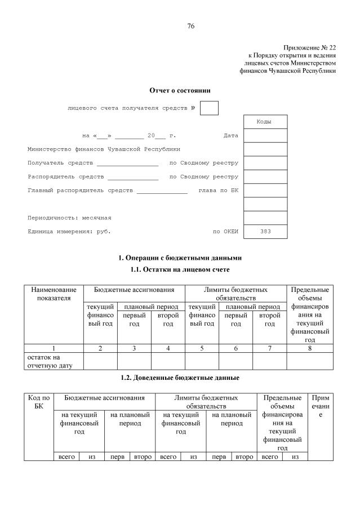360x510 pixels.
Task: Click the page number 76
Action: (190, 26)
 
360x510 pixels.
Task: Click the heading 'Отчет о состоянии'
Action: (180, 90)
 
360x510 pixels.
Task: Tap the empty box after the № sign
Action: (209, 108)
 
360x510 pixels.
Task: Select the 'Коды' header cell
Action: (264, 122)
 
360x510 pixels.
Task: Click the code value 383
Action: (265, 232)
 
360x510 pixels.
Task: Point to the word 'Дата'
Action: (230, 136)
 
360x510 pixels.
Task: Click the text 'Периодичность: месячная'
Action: (69, 218)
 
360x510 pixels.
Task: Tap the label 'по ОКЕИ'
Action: (225, 232)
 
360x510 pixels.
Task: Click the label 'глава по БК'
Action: (219, 190)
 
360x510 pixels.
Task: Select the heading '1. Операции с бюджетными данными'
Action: (180, 258)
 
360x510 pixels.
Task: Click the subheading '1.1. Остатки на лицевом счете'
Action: (180, 270)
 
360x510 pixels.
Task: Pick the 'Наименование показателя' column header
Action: (54, 294)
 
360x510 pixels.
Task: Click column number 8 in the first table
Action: (309, 349)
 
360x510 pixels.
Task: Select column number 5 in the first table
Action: (202, 349)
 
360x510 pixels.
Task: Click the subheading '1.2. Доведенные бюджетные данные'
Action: (180, 377)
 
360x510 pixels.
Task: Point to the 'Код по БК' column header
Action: (38, 402)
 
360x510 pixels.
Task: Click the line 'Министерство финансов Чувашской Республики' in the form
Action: (104, 149)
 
